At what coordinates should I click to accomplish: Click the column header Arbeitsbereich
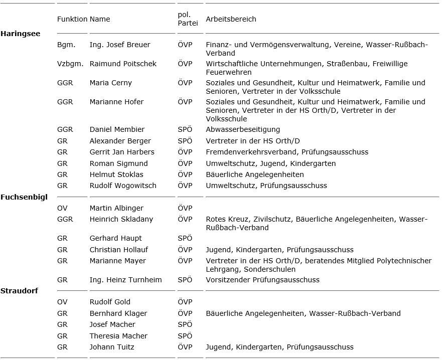click(x=231, y=19)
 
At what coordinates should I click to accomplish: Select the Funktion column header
click(x=72, y=19)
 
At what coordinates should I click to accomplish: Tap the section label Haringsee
click(x=20, y=34)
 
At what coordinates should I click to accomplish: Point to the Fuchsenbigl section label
click(x=24, y=197)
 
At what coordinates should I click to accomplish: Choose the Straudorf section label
click(x=19, y=290)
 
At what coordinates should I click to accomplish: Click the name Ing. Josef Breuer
click(x=119, y=45)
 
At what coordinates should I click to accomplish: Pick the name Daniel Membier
click(x=117, y=129)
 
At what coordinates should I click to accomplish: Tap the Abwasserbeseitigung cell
click(x=243, y=129)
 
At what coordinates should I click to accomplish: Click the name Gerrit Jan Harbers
click(x=122, y=152)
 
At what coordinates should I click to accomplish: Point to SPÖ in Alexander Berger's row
click(x=185, y=141)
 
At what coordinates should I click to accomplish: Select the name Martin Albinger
click(x=116, y=208)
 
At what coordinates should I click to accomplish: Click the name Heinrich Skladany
click(x=121, y=219)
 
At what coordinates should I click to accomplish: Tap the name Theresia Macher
click(x=118, y=336)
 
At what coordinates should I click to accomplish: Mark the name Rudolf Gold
click(x=110, y=302)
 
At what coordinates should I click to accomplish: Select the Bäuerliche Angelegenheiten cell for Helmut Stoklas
click(x=254, y=174)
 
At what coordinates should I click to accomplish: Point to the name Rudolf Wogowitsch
click(x=123, y=186)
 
